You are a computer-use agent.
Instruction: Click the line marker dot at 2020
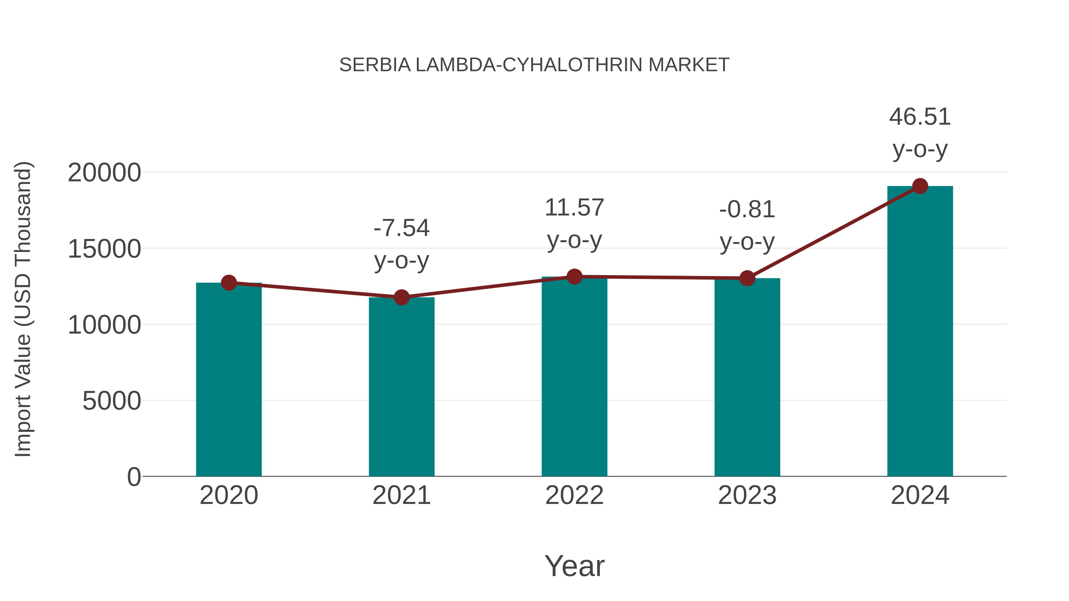[x=229, y=283]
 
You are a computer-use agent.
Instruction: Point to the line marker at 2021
[x=401, y=297]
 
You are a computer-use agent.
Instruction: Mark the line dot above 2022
[x=574, y=276]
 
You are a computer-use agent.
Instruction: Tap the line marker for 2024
[x=920, y=186]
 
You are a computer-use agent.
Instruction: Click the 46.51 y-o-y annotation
[x=920, y=133]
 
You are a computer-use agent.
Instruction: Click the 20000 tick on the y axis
[x=104, y=172]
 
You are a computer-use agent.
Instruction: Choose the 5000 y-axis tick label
[x=112, y=401]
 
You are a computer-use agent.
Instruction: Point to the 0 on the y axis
[x=134, y=477]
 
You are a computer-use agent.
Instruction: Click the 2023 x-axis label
[x=747, y=496]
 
